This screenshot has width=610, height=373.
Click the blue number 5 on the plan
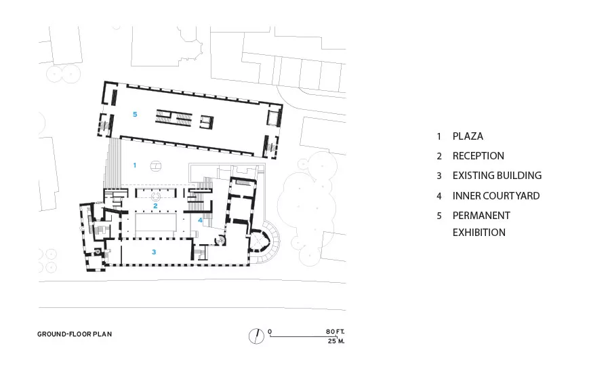[x=135, y=114]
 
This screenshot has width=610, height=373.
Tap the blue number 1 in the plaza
[x=135, y=165]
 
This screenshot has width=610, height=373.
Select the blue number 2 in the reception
[x=155, y=205]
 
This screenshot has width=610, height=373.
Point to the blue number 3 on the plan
[x=154, y=252]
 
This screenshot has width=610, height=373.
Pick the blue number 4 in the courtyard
[x=200, y=220]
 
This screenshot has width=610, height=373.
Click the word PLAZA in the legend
[x=468, y=136]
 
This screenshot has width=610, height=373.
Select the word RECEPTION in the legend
[x=478, y=156]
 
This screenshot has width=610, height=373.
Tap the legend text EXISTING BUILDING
[x=497, y=176]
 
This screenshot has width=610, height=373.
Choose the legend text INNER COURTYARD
[x=496, y=196]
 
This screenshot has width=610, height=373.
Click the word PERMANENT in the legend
[x=481, y=216]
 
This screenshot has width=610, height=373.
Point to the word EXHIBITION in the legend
[x=479, y=233]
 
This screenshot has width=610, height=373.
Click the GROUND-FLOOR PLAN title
[x=75, y=334]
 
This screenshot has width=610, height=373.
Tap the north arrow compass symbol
[x=256, y=336]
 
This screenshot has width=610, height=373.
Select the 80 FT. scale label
[x=335, y=332]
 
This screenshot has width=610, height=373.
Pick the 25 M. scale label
[x=336, y=341]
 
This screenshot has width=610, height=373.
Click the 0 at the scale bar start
[x=270, y=332]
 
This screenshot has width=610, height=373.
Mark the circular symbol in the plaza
[x=156, y=166]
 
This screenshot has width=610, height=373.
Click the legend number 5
[x=439, y=216]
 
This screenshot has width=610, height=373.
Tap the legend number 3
[x=439, y=176]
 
